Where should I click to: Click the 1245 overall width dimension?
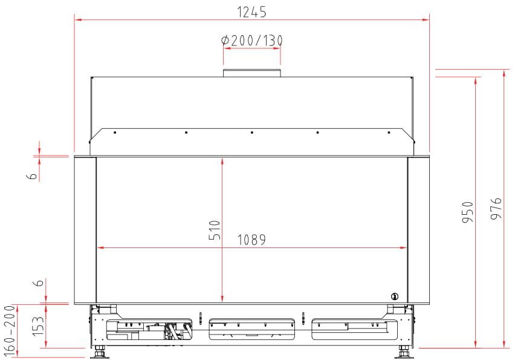point(251,12)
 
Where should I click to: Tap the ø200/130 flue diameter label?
point(252,41)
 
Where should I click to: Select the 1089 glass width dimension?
point(251,240)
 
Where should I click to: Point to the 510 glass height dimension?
point(215,230)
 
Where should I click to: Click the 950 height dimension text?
point(468,212)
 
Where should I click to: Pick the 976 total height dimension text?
point(496,209)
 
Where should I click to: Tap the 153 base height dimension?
point(38,326)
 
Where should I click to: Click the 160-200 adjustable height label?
point(10,331)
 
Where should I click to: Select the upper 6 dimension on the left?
point(33,176)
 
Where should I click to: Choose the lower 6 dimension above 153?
point(39,283)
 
